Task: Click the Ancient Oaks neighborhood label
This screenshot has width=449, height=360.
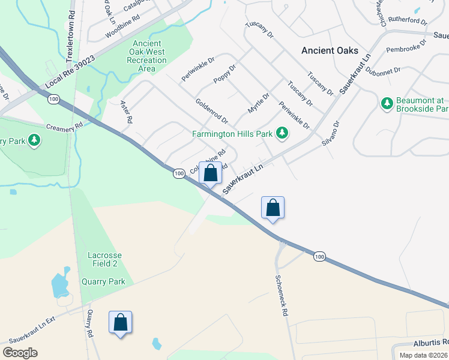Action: pos(330,50)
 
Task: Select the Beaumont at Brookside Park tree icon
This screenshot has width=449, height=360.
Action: pos(387,104)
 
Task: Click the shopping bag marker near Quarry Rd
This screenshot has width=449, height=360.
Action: pos(121,323)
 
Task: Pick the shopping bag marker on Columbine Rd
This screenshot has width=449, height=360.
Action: pos(211,173)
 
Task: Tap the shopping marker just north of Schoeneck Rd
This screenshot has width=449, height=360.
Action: pos(273,208)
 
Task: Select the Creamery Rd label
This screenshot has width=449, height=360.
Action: pos(64,128)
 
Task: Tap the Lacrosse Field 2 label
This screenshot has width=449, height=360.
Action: pos(106,259)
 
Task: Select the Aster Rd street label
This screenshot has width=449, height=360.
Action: pos(126,112)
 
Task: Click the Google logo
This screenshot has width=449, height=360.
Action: pos(20,353)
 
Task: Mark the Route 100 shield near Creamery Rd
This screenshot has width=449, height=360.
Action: pos(54,99)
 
